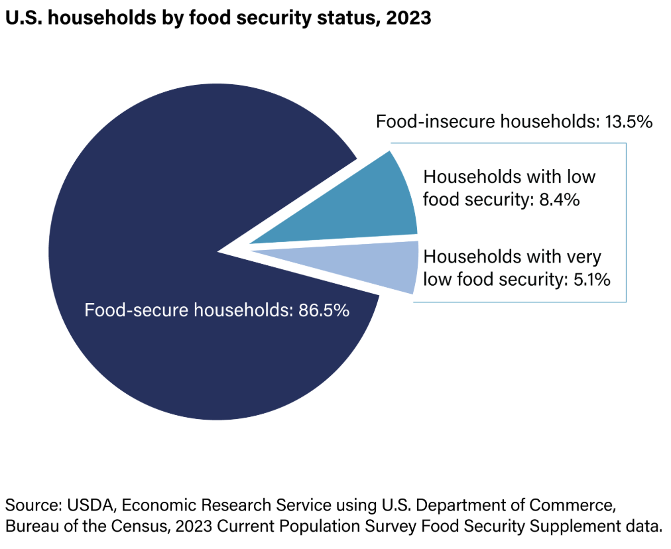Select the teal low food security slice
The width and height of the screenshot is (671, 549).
coord(371,206)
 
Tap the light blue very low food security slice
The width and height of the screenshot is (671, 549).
coord(385,265)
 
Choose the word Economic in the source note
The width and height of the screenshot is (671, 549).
coord(154,505)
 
